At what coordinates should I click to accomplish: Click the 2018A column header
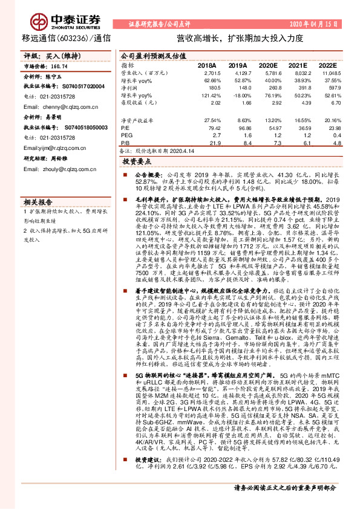pyautogui.click(x=208, y=64)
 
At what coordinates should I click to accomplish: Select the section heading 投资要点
pyautogui.click(x=137, y=161)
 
